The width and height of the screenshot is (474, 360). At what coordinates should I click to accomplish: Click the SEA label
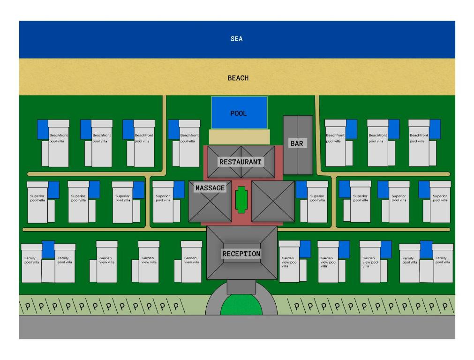237,39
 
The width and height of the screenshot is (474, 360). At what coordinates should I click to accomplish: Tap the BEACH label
238,78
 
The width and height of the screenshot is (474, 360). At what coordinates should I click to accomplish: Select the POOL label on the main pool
238,113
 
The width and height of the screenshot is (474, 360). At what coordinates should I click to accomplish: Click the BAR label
297,143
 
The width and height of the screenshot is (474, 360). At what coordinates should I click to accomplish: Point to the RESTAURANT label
241,162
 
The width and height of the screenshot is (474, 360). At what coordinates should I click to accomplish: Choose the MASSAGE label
210,188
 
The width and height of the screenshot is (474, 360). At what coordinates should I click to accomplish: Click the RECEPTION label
241,254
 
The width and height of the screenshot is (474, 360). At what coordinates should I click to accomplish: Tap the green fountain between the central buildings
241,200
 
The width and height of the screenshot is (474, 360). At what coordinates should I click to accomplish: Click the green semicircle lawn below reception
241,306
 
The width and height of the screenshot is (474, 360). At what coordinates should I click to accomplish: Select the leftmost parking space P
27,307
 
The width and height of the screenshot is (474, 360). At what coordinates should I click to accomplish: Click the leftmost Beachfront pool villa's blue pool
43,129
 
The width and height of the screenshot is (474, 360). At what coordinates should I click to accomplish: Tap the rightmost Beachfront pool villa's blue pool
435,129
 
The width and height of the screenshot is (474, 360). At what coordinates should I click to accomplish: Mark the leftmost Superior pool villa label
38,198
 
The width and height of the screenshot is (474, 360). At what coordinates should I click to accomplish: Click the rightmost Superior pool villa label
440,198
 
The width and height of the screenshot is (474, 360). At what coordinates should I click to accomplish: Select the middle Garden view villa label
148,260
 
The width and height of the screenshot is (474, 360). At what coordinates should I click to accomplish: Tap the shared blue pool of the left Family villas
48,249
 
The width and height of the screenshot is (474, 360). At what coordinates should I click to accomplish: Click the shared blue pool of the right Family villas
426,249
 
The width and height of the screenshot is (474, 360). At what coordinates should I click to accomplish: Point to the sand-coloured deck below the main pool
239,137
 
